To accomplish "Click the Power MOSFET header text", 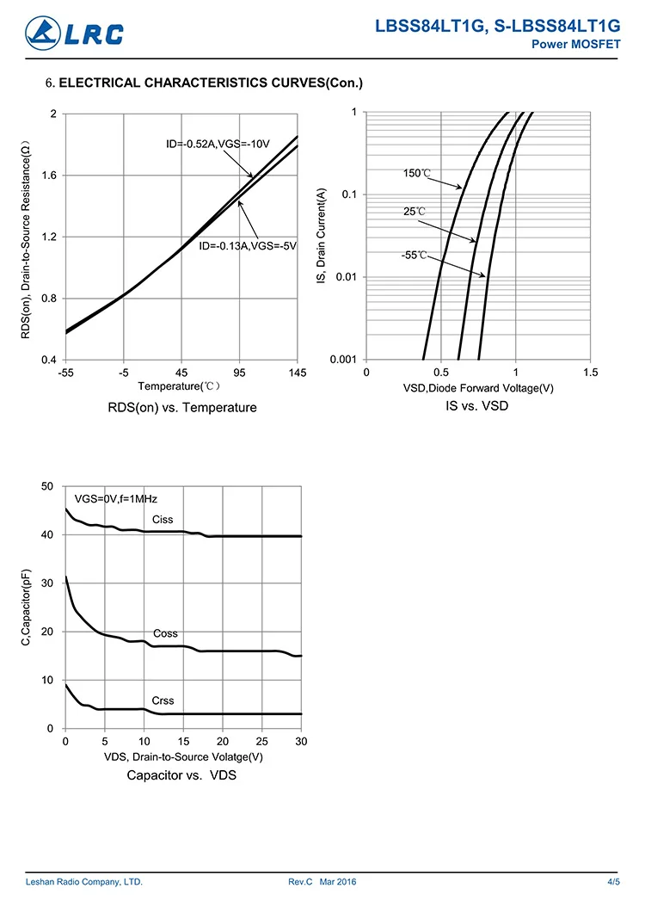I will click(x=577, y=45).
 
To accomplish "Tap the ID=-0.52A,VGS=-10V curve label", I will click(x=218, y=143).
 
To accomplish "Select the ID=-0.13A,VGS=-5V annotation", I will click(x=248, y=246).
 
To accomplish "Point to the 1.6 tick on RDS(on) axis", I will click(x=48, y=176).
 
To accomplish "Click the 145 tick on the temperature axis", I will click(x=298, y=373).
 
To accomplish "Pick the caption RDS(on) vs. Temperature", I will click(x=182, y=407).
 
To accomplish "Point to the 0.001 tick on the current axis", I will click(x=343, y=360).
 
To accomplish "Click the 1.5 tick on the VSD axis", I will click(x=589, y=373).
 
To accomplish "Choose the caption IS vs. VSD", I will click(x=476, y=405).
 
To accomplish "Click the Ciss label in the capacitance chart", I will click(x=163, y=519).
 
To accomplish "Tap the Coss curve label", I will click(x=165, y=633).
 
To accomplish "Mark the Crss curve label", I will click(x=163, y=701).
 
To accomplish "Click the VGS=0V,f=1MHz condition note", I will click(x=116, y=498).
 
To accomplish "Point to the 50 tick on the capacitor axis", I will click(x=48, y=486).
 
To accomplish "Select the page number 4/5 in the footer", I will click(x=613, y=882).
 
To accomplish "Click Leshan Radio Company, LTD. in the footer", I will click(x=84, y=882).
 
